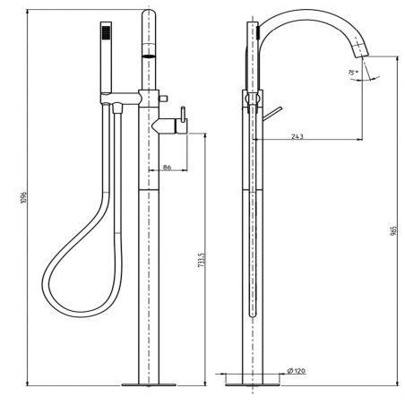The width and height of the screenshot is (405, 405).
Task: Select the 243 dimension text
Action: (x=300, y=137)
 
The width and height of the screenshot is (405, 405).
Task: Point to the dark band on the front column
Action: (x=148, y=56)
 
